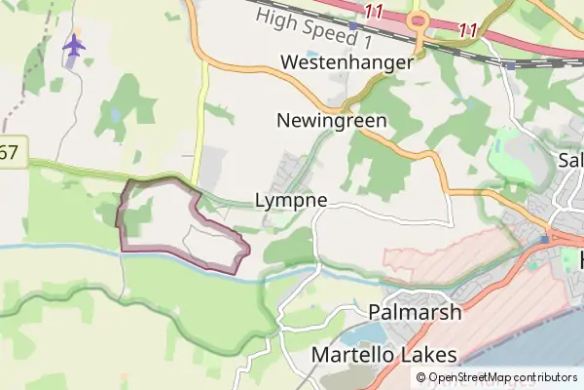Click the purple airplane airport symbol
[x=74, y=45]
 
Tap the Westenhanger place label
[x=347, y=62]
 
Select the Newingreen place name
[x=332, y=122]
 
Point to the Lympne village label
[x=289, y=201]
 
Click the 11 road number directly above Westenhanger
[x=375, y=10]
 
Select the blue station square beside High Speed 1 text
[x=352, y=26]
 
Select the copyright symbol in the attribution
[x=421, y=377]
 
